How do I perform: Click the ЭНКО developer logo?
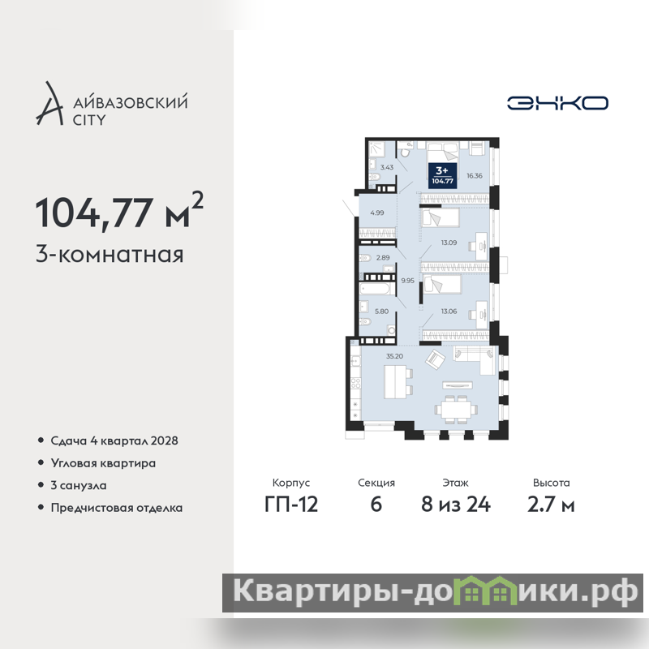click(x=557, y=103)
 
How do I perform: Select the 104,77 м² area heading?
click(x=119, y=211)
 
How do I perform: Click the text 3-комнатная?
click(x=110, y=254)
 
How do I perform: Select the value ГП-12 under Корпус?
click(x=291, y=504)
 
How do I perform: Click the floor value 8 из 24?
click(x=456, y=504)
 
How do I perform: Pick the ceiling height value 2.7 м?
click(x=551, y=504)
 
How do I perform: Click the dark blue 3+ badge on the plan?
click(x=442, y=175)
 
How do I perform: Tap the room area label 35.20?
click(x=394, y=356)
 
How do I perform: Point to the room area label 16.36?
click(x=475, y=175)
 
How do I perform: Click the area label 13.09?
click(x=449, y=243)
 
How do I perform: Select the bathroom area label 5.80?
click(x=381, y=312)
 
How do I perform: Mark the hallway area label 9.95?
click(x=408, y=281)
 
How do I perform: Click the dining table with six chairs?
click(x=456, y=410)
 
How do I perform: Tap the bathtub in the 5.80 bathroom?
click(x=375, y=288)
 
